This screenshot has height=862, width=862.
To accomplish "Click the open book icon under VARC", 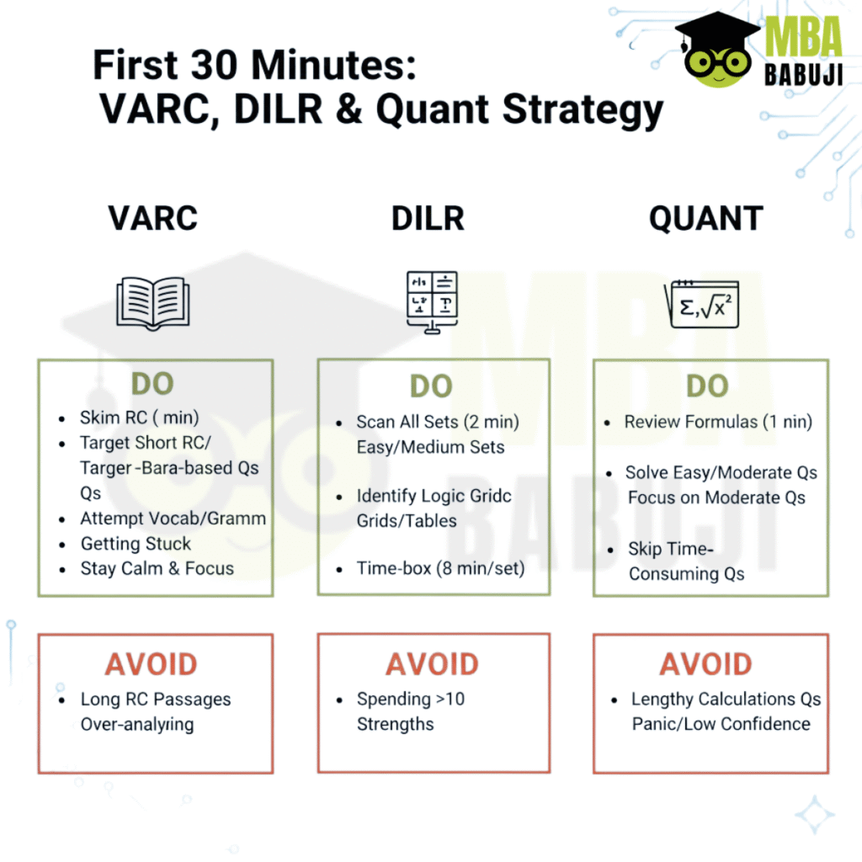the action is [153, 303].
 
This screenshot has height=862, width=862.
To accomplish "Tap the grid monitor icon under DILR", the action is [432, 302].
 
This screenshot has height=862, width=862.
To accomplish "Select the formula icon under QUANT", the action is [701, 304].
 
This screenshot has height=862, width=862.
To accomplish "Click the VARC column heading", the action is [153, 218].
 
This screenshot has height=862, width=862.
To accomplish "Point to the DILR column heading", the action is [428, 218].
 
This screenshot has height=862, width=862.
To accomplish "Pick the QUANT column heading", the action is [706, 218].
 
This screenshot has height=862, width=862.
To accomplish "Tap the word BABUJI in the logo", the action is [803, 75].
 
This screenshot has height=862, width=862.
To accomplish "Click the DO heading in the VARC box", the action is [152, 383].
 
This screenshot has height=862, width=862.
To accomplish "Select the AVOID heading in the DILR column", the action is [432, 664].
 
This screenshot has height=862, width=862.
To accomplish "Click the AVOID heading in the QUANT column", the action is [706, 664].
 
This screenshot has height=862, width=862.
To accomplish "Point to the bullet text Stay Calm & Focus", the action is [157, 568].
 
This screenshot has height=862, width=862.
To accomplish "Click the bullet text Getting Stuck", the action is [136, 544].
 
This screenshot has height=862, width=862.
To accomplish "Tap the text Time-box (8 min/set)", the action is [441, 568].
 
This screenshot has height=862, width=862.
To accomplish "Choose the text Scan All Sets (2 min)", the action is [438, 423].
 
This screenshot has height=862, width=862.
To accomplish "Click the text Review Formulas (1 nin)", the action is [718, 423].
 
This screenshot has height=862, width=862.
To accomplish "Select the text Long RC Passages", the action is [156, 700].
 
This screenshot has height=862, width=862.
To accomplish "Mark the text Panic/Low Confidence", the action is [721, 724].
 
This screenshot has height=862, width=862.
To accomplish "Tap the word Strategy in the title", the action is [583, 110].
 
